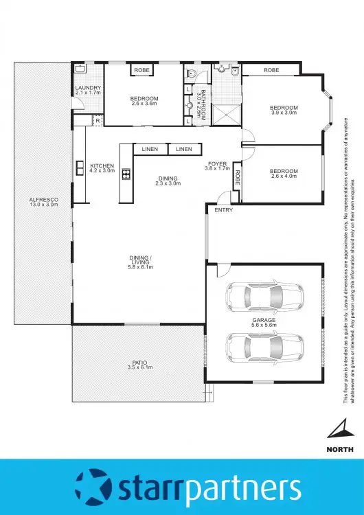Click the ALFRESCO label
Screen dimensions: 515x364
(43, 199)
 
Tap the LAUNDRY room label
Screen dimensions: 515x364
(88, 88)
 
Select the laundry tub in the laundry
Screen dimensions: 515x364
(80, 69)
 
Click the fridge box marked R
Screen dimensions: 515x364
(98, 121)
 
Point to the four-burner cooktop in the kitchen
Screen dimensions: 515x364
(126, 174)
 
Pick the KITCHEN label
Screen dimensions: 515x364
(102, 165)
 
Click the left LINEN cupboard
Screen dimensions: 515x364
(150, 149)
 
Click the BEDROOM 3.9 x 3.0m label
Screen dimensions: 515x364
(283, 108)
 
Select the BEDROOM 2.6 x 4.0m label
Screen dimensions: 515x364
(283, 171)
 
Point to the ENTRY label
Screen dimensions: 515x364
(223, 210)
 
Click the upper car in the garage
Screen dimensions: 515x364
(264, 297)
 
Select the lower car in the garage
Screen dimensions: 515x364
(264, 347)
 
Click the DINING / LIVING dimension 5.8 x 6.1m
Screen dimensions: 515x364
(140, 266)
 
